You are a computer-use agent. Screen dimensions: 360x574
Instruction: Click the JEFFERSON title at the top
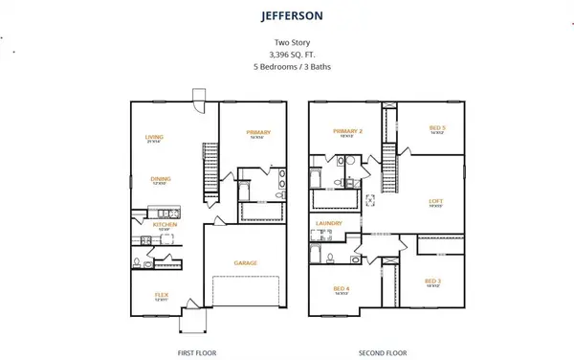point(286,16)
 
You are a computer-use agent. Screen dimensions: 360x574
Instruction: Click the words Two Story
point(287,43)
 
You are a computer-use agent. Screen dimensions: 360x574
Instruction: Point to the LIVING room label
point(154,137)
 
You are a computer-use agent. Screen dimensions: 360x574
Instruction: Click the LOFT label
point(434,201)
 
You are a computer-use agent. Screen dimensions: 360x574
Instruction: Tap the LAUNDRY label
point(329,224)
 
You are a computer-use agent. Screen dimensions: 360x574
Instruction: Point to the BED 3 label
point(432,281)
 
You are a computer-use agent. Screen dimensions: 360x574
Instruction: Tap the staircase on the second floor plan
point(389,167)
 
